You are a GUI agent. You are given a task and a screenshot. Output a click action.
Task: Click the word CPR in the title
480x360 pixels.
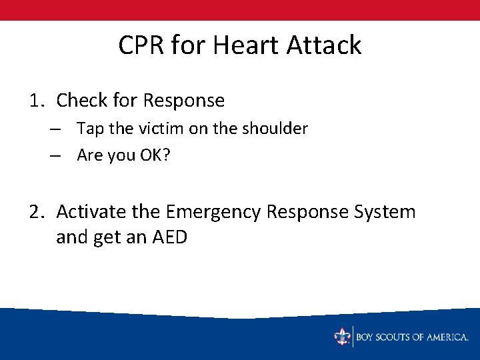tap(141, 45)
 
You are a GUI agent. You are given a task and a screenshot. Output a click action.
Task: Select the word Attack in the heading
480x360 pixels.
tap(325, 45)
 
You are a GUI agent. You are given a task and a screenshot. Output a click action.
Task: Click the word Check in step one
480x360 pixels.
tap(82, 101)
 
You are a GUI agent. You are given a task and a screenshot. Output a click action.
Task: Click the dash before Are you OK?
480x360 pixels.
tap(55, 155)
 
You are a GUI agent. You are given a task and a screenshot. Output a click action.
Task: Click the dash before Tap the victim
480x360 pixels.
tap(55, 129)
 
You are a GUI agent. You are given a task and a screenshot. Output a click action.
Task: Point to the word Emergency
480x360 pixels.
tap(213, 212)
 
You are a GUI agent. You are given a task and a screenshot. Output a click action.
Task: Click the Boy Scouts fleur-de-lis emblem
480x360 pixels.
tap(342, 337)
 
